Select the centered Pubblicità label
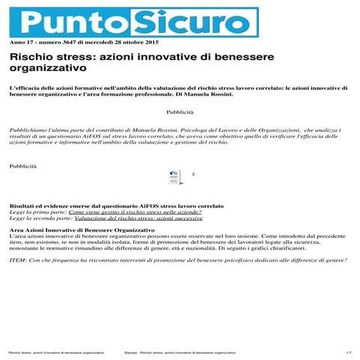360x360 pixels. point(180,112)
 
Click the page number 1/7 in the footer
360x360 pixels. point(347,352)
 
